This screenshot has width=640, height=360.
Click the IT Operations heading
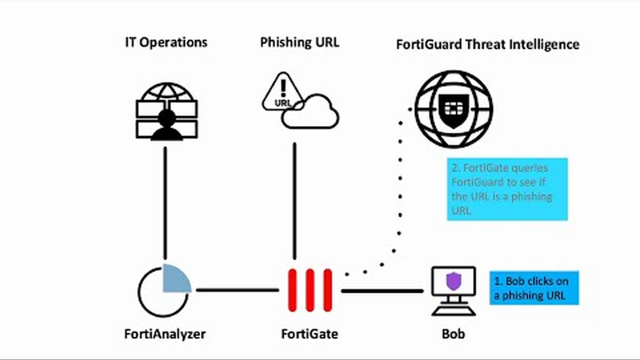(165, 43)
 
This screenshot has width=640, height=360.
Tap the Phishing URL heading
(299, 43)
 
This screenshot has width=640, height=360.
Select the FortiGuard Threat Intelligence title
(487, 44)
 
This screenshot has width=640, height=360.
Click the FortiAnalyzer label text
(165, 334)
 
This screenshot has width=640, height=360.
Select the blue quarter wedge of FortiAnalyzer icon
(175, 278)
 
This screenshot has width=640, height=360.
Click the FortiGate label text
(309, 334)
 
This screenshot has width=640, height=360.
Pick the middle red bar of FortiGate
(309, 290)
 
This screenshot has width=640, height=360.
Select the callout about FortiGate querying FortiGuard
(507, 189)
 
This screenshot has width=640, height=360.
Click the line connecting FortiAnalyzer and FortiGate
(237, 290)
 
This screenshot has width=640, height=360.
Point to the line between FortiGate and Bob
(382, 291)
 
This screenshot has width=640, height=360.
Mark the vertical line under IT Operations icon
(165, 203)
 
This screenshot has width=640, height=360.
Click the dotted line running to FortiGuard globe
(400, 203)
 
